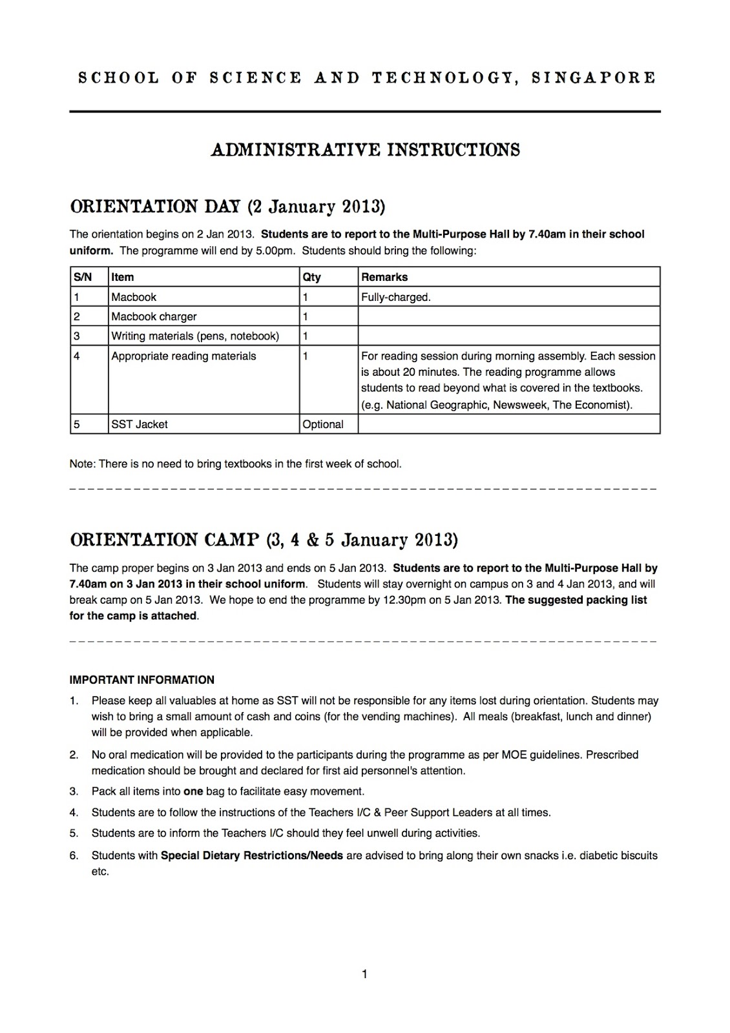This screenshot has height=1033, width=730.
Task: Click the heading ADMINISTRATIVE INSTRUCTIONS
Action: tap(365, 150)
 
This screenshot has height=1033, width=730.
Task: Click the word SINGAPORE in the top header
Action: tap(592, 78)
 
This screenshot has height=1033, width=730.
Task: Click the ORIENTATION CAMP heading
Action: tap(264, 540)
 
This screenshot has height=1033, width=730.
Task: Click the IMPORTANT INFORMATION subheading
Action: tap(141, 680)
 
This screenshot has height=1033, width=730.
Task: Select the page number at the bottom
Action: tap(365, 974)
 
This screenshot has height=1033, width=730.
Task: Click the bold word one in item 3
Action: tap(193, 792)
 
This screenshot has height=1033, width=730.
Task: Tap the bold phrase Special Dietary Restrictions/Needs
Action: tap(252, 855)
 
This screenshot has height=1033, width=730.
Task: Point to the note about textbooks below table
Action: tap(235, 464)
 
